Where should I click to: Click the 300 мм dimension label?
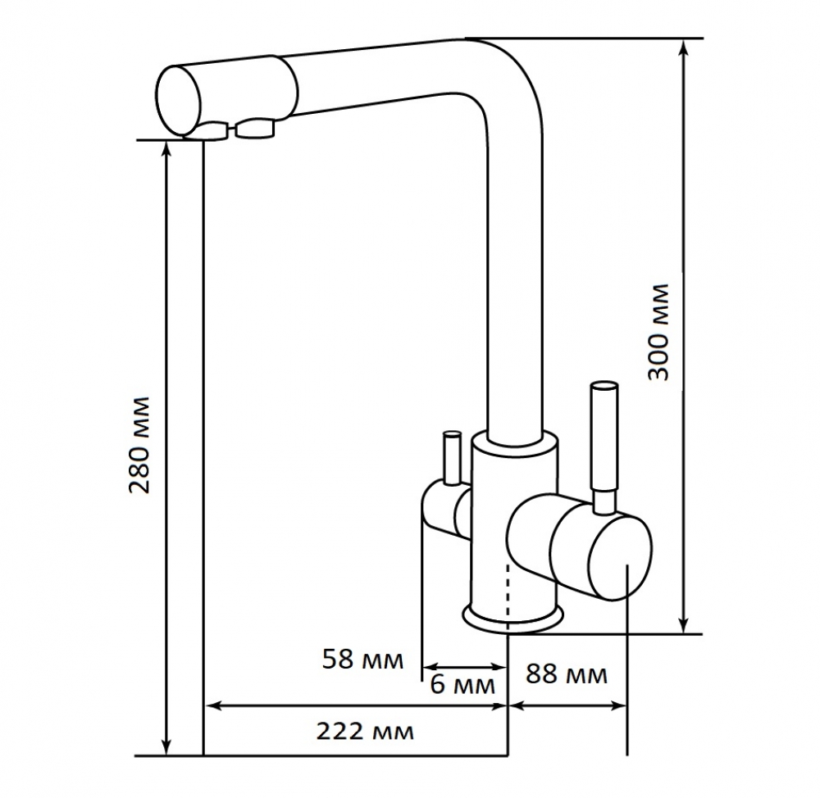tap(658, 332)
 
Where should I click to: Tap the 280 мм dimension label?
tap(140, 445)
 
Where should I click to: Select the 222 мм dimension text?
tap(365, 732)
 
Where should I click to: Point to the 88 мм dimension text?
tap(567, 674)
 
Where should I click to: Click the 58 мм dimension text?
tap(363, 660)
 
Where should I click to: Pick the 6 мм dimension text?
tap(462, 685)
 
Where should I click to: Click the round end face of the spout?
tap(179, 101)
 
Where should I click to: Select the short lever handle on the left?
tap(451, 458)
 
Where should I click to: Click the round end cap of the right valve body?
tap(620, 556)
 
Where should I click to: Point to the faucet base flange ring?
tap(513, 617)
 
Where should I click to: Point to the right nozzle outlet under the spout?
tap(255, 129)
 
